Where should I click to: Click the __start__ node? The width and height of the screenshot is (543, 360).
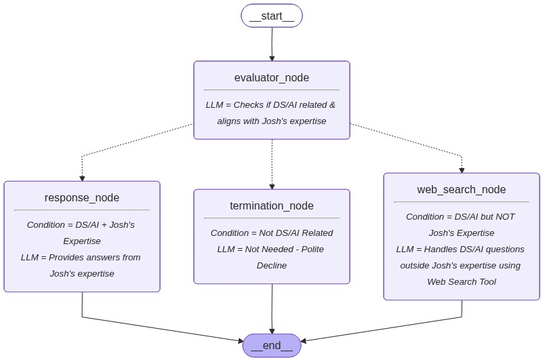(x=271, y=16)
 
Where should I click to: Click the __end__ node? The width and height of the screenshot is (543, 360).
(x=271, y=345)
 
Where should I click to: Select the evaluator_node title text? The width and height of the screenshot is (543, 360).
(x=271, y=77)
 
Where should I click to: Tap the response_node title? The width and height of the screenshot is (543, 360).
(x=81, y=198)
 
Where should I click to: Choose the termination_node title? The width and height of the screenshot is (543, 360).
(x=271, y=206)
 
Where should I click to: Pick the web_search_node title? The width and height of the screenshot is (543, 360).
(x=461, y=189)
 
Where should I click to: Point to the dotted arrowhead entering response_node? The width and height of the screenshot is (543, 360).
(x=82, y=178)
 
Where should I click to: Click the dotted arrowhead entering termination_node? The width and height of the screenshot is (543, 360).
(x=272, y=186)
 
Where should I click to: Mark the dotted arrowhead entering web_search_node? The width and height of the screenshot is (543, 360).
(x=462, y=169)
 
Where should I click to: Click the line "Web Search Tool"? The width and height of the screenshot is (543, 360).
(x=461, y=281)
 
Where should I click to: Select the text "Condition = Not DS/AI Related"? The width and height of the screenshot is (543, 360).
(x=271, y=233)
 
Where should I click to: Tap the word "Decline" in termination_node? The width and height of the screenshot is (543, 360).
(x=271, y=265)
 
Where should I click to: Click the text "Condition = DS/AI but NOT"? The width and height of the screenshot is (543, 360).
(x=460, y=216)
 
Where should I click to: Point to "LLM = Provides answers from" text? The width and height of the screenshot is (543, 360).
(x=81, y=257)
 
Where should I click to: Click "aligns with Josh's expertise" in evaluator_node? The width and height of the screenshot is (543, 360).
(x=271, y=121)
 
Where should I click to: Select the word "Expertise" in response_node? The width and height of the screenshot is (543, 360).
(x=81, y=241)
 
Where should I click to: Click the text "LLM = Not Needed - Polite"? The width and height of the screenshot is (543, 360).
(x=270, y=249)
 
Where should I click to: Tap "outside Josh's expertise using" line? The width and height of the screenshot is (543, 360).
(x=460, y=265)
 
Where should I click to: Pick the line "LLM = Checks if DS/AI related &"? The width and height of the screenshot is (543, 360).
(x=270, y=104)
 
